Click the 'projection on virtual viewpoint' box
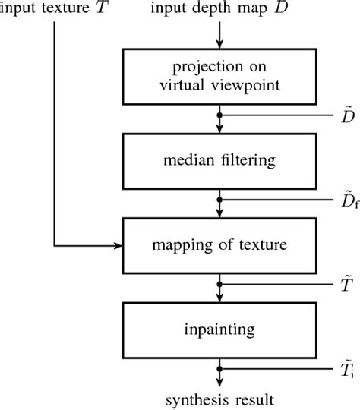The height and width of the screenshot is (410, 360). tap(219, 76)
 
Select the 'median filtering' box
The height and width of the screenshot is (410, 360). tap(219, 161)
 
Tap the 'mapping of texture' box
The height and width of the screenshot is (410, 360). tap(219, 245)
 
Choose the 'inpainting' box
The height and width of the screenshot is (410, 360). tap(219, 330)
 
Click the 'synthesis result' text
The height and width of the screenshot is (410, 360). tap(219, 399)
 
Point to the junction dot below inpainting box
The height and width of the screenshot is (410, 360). tap(219, 371)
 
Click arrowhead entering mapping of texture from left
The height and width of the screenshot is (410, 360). tap(119, 246)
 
